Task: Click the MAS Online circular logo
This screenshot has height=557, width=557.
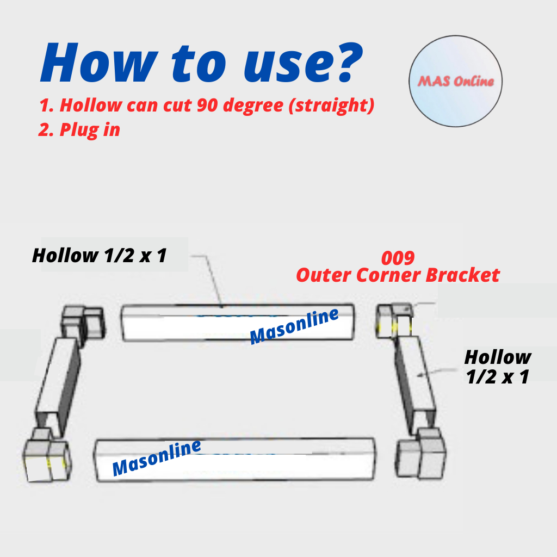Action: point(455,82)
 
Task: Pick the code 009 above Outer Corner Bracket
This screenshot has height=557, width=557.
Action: point(398,258)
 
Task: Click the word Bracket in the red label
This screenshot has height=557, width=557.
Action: point(462,275)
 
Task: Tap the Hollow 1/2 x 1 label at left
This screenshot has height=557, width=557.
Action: point(99,255)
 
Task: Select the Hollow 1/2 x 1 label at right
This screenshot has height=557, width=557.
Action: point(497,367)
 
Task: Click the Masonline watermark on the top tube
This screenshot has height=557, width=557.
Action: point(294,326)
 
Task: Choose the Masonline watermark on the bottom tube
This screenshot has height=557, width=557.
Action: point(157,457)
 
